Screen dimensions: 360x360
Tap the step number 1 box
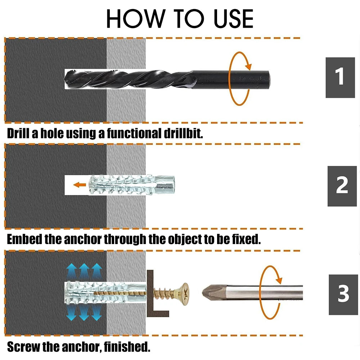pos(340,77)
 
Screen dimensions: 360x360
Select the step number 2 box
pos(342,186)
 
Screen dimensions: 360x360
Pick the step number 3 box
pos(343,294)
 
